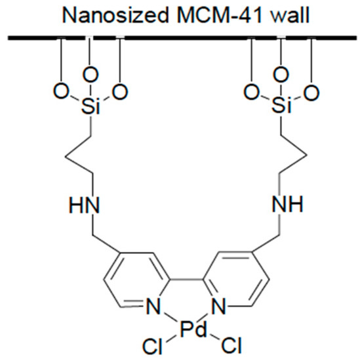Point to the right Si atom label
pyautogui.click(x=280, y=109)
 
